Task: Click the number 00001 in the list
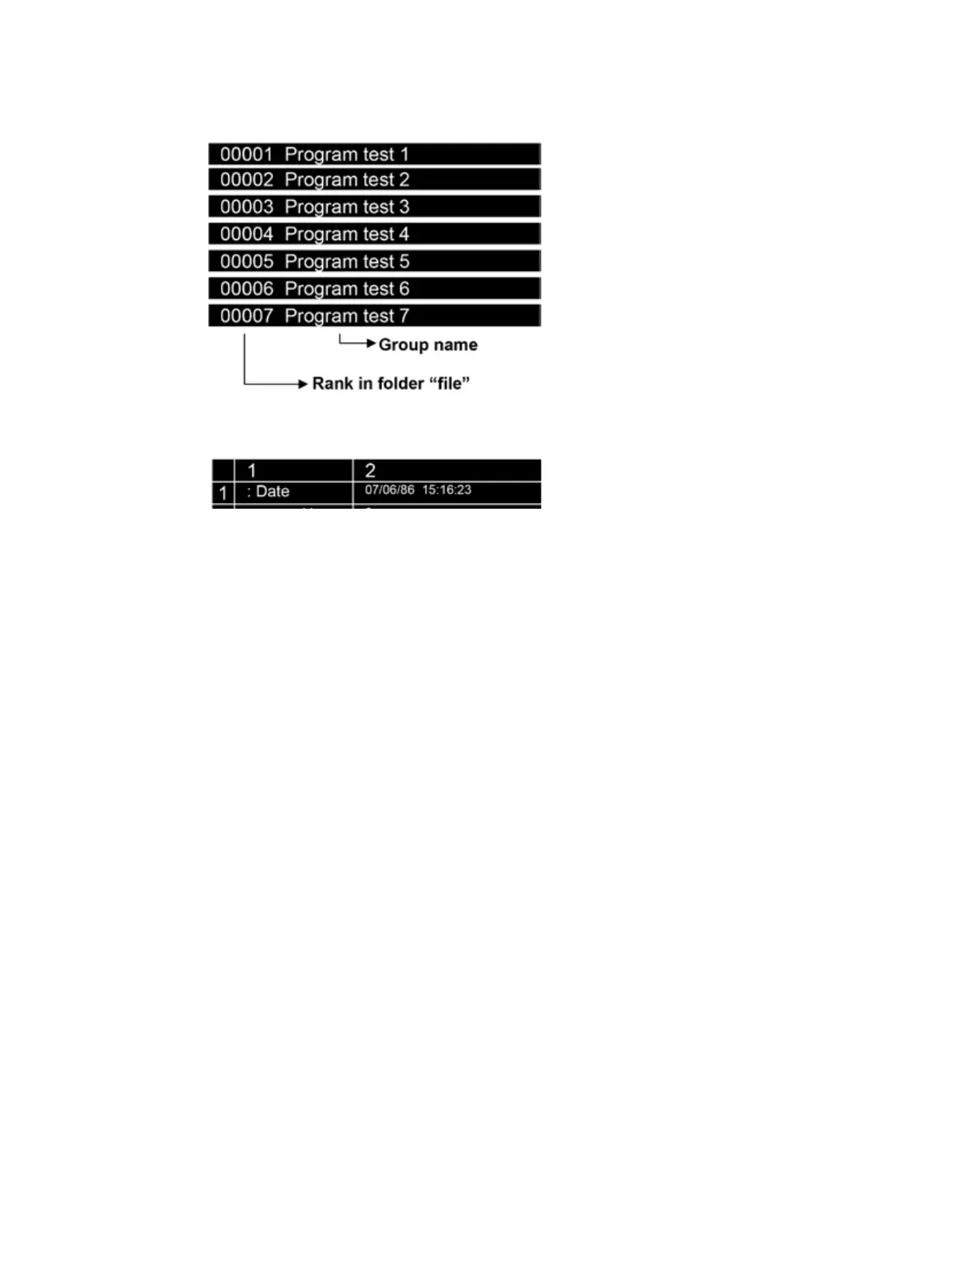pyautogui.click(x=246, y=154)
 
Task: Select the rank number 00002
pyautogui.click(x=246, y=180)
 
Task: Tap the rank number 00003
pyautogui.click(x=246, y=207)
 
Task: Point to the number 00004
pyautogui.click(x=246, y=234)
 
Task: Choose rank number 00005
pyautogui.click(x=246, y=262)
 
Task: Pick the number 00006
pyautogui.click(x=246, y=289)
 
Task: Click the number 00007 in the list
pyautogui.click(x=246, y=316)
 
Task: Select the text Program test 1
pyautogui.click(x=347, y=155)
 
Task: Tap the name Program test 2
pyautogui.click(x=347, y=180)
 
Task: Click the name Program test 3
pyautogui.click(x=347, y=207)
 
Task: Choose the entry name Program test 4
pyautogui.click(x=347, y=234)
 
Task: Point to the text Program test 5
pyautogui.click(x=347, y=262)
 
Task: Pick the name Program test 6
pyautogui.click(x=347, y=289)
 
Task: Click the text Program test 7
pyautogui.click(x=347, y=316)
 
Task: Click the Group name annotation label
pyautogui.click(x=428, y=344)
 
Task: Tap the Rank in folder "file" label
pyautogui.click(x=391, y=384)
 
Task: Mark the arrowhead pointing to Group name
pyautogui.click(x=371, y=344)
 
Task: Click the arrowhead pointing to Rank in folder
pyautogui.click(x=303, y=384)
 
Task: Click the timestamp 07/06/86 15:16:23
pyautogui.click(x=418, y=490)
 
